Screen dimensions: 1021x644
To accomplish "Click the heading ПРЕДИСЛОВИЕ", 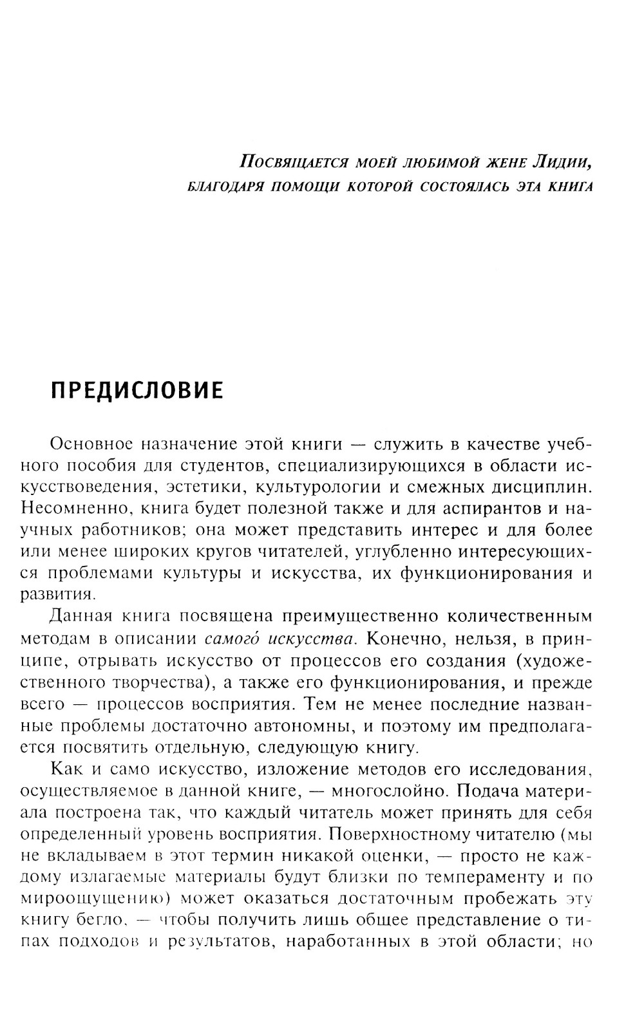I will click(137, 390).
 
